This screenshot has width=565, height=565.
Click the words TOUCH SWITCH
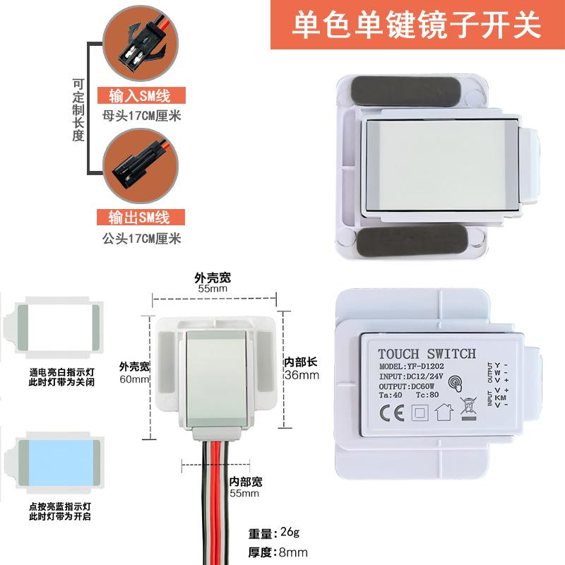427,353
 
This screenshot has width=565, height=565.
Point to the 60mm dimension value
134,379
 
